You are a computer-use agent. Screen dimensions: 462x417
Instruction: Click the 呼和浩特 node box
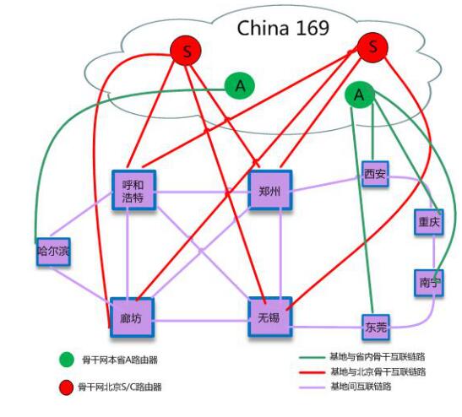[x=133, y=190]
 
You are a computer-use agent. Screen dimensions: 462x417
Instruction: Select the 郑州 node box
[x=270, y=190]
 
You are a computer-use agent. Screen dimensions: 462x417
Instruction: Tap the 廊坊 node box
[x=132, y=317]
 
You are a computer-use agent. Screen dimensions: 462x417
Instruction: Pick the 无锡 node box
[x=270, y=317]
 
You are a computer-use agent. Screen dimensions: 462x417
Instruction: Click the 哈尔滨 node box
[x=53, y=252]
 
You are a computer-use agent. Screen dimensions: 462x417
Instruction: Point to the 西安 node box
[x=375, y=174]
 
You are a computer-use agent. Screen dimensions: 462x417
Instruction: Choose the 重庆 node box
[x=429, y=222]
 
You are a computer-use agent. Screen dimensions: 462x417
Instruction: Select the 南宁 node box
[x=429, y=283]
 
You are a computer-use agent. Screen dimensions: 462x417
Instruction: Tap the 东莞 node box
[x=376, y=327]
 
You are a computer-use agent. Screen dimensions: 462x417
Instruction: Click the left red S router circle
[x=186, y=51]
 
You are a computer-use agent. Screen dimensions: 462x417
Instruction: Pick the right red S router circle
[x=372, y=47]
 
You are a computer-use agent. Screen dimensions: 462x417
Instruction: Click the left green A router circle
[x=240, y=86]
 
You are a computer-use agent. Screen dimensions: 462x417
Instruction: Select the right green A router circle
[x=360, y=95]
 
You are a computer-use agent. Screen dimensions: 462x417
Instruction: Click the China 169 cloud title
[x=283, y=28]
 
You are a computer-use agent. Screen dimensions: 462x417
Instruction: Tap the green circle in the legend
[x=67, y=360]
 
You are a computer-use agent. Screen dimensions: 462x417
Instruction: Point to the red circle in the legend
[x=66, y=387]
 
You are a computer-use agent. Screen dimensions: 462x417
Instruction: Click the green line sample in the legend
[x=312, y=358]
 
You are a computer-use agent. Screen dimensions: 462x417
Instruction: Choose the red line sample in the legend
[x=312, y=372]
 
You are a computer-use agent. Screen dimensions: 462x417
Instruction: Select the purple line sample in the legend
[x=312, y=387]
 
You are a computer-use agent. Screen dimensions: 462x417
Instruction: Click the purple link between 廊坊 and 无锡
[x=201, y=321]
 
